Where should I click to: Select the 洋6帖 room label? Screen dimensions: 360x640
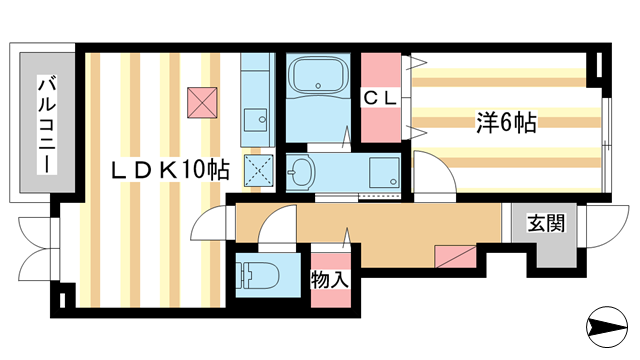tap(505, 123)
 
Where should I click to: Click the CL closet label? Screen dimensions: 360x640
tap(380, 98)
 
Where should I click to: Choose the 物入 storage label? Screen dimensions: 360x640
tap(329, 279)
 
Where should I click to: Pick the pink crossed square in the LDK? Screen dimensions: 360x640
tap(202, 101)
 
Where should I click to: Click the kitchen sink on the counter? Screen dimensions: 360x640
tap(258, 119)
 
